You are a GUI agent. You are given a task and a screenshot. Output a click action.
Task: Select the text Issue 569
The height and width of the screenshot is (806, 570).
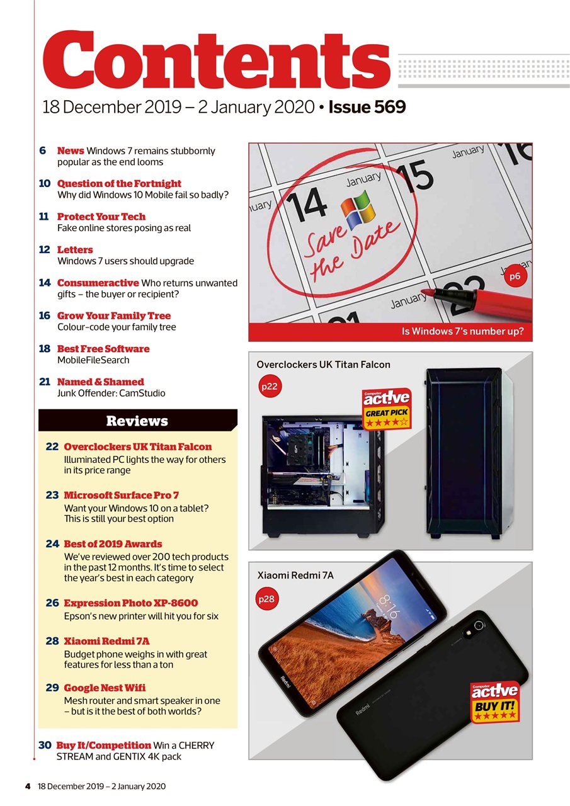(x=367, y=108)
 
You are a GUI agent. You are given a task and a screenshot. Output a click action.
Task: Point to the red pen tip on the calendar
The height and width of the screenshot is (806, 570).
(x=425, y=293)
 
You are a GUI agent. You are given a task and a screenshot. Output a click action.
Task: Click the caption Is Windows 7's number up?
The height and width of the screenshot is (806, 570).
(x=462, y=331)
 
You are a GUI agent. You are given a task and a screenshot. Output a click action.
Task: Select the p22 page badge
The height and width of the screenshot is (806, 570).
(x=269, y=387)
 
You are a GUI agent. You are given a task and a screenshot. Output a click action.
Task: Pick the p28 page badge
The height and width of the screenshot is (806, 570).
(x=267, y=599)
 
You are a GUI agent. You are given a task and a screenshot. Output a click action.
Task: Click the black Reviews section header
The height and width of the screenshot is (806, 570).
(x=137, y=421)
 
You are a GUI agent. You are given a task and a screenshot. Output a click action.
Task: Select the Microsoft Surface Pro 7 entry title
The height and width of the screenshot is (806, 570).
(x=121, y=496)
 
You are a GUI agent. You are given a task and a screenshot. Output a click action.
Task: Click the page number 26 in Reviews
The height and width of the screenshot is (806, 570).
(x=52, y=603)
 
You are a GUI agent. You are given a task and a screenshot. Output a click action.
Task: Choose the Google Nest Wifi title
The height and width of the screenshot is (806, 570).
(x=105, y=688)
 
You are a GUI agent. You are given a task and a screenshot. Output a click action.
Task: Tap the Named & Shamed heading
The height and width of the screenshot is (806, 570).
(x=100, y=382)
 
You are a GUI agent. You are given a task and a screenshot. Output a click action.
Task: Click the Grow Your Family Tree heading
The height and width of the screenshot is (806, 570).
(x=113, y=315)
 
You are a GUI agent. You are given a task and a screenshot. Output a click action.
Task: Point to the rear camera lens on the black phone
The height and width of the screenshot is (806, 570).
(x=479, y=625)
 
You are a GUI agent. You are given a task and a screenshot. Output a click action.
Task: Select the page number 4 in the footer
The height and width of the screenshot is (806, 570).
(x=28, y=786)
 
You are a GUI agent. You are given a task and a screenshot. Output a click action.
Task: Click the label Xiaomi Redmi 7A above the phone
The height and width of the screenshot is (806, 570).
(x=295, y=575)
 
